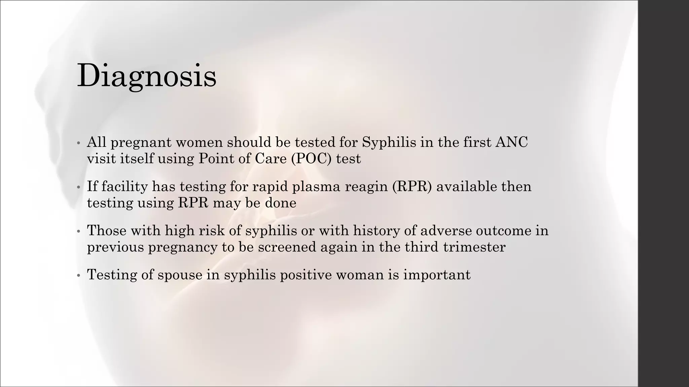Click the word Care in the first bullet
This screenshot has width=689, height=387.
point(270,159)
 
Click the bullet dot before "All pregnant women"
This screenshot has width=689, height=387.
point(78,143)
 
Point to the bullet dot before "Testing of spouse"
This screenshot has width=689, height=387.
point(78,275)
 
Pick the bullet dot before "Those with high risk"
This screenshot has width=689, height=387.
point(78,231)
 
